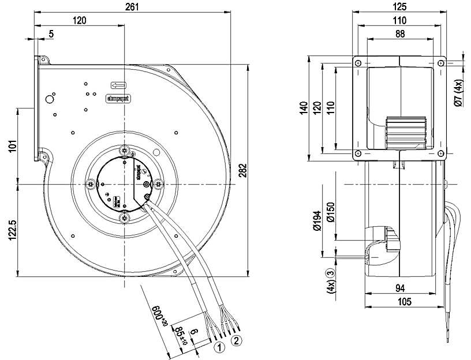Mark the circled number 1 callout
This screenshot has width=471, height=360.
click(x=219, y=347)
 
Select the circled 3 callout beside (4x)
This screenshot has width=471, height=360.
click(x=331, y=272)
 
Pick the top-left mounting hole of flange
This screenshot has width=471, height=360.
click(x=359, y=63)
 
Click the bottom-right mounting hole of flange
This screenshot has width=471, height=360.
click(x=441, y=153)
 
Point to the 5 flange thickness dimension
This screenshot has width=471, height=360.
click(x=51, y=34)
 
